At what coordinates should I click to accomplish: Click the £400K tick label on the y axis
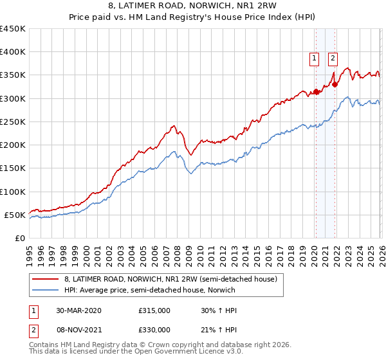click(x=13, y=52)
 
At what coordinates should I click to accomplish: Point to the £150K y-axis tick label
click(x=13, y=168)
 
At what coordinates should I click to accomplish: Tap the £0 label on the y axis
click(x=19, y=238)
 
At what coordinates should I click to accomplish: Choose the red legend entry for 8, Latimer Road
click(x=170, y=279)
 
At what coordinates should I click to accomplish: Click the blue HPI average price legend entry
click(x=149, y=291)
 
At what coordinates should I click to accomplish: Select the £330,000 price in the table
click(x=154, y=330)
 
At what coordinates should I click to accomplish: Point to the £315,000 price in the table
click(x=154, y=310)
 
